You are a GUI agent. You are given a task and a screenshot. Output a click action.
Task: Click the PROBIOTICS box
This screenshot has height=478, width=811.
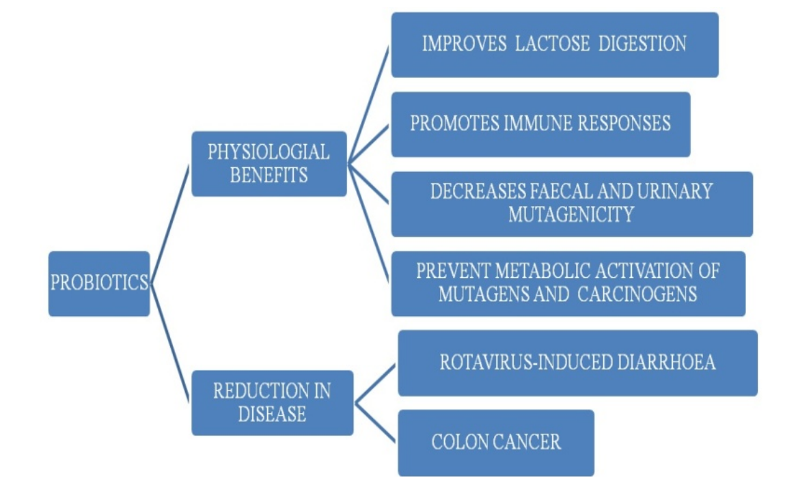99,283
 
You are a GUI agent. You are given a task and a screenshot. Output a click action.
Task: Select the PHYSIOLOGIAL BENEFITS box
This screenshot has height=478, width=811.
269,164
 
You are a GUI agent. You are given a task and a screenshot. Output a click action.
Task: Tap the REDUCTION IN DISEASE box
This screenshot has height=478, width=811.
272,403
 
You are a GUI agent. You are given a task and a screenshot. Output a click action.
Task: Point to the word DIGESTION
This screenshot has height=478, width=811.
642,44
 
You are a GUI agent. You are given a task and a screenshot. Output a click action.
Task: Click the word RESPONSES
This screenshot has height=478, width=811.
622,124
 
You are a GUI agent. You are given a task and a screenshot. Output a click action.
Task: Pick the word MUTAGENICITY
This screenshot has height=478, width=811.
571,214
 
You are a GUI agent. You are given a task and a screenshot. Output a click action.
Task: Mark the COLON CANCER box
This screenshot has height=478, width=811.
496,442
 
